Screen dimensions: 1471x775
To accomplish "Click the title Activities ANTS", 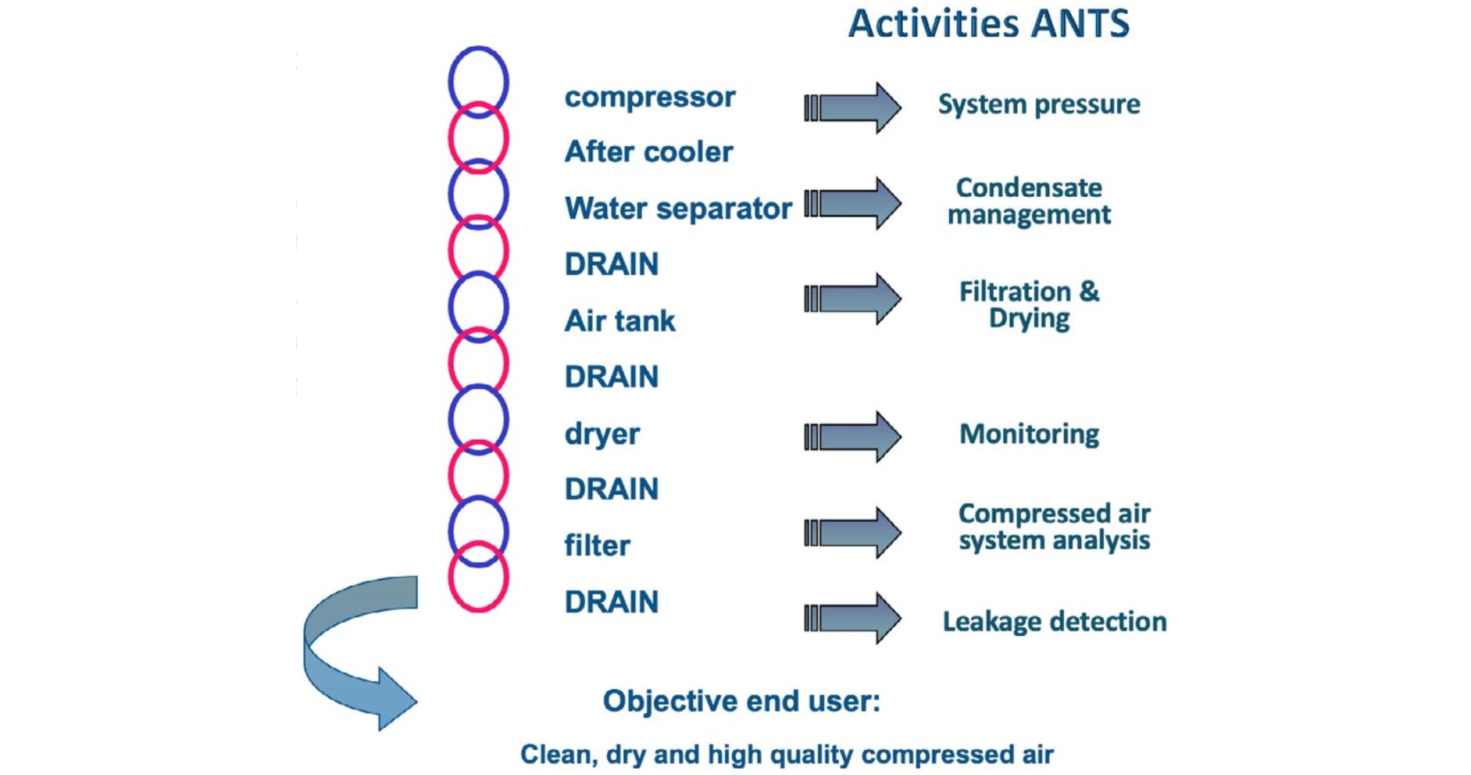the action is point(988,23).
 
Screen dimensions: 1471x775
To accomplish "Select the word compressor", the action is point(650,98).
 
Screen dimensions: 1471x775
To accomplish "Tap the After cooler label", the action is point(648,152).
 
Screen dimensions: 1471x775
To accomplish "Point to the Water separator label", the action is point(678,209).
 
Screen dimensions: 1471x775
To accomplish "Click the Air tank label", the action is point(619,320).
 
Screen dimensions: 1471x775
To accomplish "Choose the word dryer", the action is point(602,434).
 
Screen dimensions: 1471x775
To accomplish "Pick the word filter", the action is point(597,545).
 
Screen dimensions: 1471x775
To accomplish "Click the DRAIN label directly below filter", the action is point(612,602).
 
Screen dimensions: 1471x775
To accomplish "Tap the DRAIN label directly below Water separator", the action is point(612,264).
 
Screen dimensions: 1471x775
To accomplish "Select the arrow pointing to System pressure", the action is point(853,108).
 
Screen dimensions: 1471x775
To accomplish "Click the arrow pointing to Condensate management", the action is point(853,203).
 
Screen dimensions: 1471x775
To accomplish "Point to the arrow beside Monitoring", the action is point(853,437).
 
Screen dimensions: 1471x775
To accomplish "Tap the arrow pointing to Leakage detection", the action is point(853,618).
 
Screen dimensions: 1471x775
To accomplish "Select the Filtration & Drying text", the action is point(1029,305).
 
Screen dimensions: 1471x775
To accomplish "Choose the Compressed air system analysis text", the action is point(1055,527).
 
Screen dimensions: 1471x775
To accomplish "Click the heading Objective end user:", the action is point(741,702).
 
